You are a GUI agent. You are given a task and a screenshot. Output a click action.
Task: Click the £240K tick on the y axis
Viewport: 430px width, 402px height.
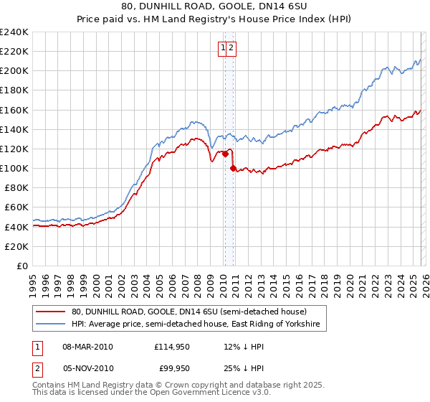tap(14, 32)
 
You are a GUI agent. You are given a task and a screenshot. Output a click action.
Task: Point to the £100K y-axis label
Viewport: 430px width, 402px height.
tap(14, 168)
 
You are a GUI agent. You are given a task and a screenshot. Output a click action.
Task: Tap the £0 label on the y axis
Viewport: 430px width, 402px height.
tap(21, 266)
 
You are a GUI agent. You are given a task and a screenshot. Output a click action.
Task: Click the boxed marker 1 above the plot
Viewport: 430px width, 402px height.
tap(224, 48)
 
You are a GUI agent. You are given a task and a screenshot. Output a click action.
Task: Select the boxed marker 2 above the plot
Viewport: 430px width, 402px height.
tap(232, 48)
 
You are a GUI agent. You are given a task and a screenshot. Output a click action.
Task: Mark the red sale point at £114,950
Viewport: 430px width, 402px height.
tap(225, 153)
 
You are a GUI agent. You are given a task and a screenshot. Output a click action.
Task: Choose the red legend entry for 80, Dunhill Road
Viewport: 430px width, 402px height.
tap(189, 312)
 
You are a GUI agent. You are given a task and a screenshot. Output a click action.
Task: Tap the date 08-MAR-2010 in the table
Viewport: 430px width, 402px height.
tap(87, 347)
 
